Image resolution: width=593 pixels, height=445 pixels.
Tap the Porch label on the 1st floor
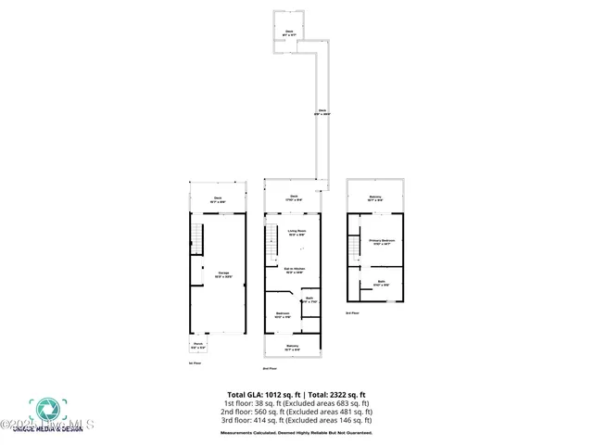pos(197,346)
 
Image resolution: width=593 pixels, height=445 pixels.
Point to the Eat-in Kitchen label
pos(296,271)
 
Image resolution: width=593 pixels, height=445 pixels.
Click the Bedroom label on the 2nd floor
pos(283,315)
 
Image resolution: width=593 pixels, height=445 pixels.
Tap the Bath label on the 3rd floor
pos(380,284)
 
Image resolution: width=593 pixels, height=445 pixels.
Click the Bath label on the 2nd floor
pos(310,299)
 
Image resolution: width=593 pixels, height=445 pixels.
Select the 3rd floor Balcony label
pos(375,197)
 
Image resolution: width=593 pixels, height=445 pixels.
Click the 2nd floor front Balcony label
pos(293,347)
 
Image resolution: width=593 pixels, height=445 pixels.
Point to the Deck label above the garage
pos(218,198)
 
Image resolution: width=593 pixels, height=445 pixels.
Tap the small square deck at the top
pos(289,32)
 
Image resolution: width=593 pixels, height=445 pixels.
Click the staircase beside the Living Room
pos(271,244)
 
